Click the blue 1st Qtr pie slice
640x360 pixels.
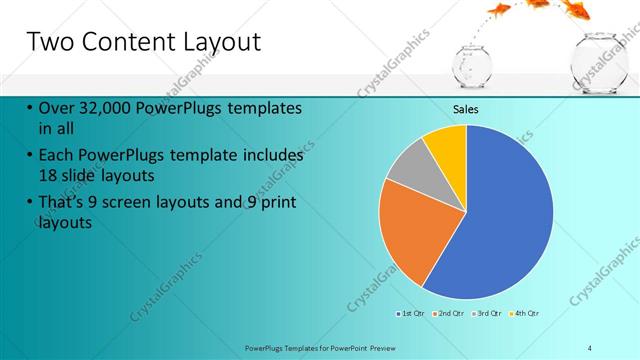[500, 220]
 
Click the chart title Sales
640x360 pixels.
[466, 109]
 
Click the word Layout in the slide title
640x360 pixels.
[221, 42]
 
